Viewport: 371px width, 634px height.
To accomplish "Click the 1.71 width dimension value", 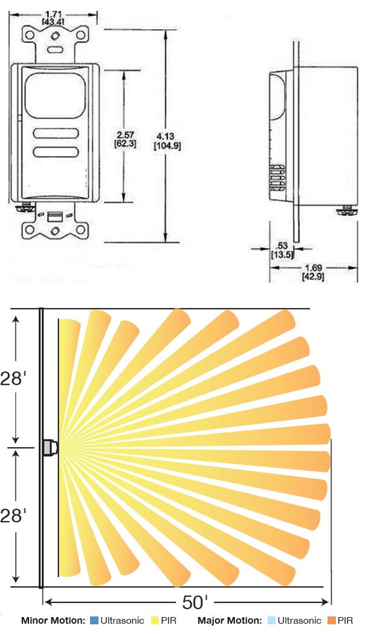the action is point(53,15).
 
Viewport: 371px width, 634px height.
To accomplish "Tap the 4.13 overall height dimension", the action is point(166,137).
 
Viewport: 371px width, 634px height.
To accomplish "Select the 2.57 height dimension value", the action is point(125,135).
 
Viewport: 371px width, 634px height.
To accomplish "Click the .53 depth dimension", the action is point(282,246).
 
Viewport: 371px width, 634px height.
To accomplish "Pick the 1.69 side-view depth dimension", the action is point(313,267).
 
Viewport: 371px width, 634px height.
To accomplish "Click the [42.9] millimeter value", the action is point(313,276).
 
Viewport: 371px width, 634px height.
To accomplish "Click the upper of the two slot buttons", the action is point(56,134).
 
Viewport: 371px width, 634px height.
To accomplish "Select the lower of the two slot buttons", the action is point(56,152).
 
